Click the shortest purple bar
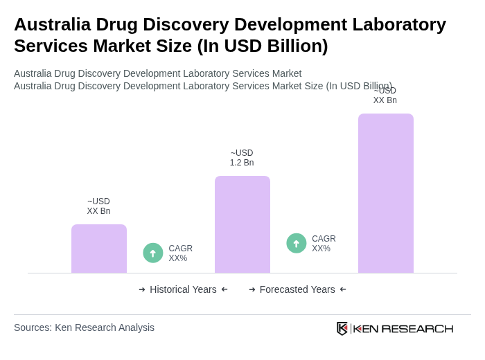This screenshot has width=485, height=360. tap(99, 249)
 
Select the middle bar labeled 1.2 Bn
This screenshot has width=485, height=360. tap(242, 224)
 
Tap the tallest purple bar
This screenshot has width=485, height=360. tap(386, 193)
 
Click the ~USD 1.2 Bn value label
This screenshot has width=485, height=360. tap(242, 158)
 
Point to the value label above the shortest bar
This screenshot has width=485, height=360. tap(98, 206)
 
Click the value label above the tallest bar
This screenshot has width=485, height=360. tap(385, 96)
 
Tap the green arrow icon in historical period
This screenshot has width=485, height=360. tap(153, 253)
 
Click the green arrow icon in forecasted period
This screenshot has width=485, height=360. tap(297, 244)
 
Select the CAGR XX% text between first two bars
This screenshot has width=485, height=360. tap(180, 253)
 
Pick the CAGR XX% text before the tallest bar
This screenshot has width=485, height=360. tap(324, 244)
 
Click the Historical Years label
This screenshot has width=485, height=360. tap(183, 289)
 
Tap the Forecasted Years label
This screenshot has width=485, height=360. tap(297, 289)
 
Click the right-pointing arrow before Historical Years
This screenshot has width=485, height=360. tap(142, 289)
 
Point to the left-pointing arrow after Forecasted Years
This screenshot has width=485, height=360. tap(343, 289)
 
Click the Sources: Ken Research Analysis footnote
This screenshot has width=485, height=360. tap(84, 327)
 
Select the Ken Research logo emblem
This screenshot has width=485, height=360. tap(342, 328)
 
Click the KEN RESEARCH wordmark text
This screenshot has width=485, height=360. tap(403, 328)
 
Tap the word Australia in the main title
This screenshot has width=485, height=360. tap(52, 24)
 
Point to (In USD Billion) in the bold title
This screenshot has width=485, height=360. tap(263, 46)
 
